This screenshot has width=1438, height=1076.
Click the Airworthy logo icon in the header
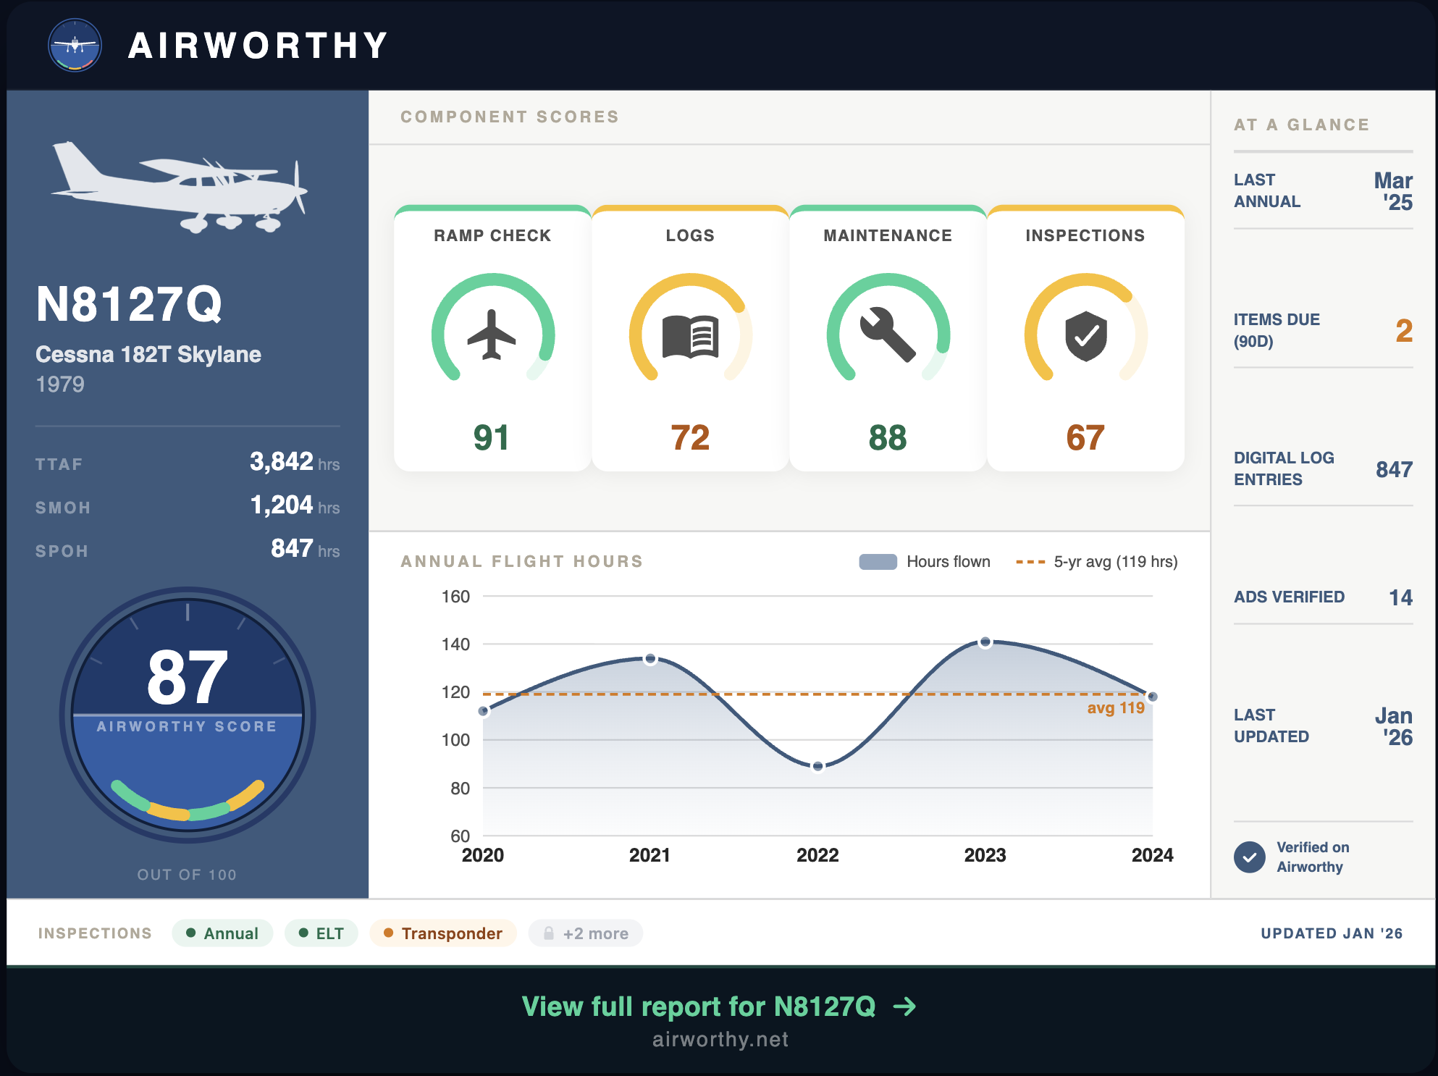pyautogui.click(x=75, y=45)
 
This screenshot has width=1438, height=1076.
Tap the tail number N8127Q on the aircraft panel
pyautogui.click(x=129, y=304)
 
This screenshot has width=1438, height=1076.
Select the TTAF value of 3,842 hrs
pyautogui.click(x=293, y=462)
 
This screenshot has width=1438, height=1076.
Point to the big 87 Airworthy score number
pyautogui.click(x=187, y=677)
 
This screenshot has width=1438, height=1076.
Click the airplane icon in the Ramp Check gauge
pyautogui.click(x=492, y=335)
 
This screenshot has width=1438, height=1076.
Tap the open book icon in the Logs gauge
pyautogui.click(x=690, y=336)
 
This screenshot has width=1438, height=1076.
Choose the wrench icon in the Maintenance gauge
pyautogui.click(x=888, y=335)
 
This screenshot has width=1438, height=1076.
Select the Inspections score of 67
pyautogui.click(x=1085, y=437)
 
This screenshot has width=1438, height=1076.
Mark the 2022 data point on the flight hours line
pyautogui.click(x=817, y=766)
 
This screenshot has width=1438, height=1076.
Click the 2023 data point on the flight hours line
pyautogui.click(x=985, y=642)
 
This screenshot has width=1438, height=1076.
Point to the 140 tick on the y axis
pyautogui.click(x=455, y=644)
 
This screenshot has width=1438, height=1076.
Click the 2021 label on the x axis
pyautogui.click(x=649, y=855)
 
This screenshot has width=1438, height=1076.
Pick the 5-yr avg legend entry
pyautogui.click(x=1096, y=562)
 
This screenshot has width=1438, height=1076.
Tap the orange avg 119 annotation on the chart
pyautogui.click(x=1115, y=708)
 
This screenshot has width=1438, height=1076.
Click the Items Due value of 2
pyautogui.click(x=1403, y=331)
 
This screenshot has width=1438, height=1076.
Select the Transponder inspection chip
pyautogui.click(x=442, y=933)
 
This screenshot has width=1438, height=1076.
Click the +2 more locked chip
pyautogui.click(x=585, y=933)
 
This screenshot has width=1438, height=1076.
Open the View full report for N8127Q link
pyautogui.click(x=719, y=1006)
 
